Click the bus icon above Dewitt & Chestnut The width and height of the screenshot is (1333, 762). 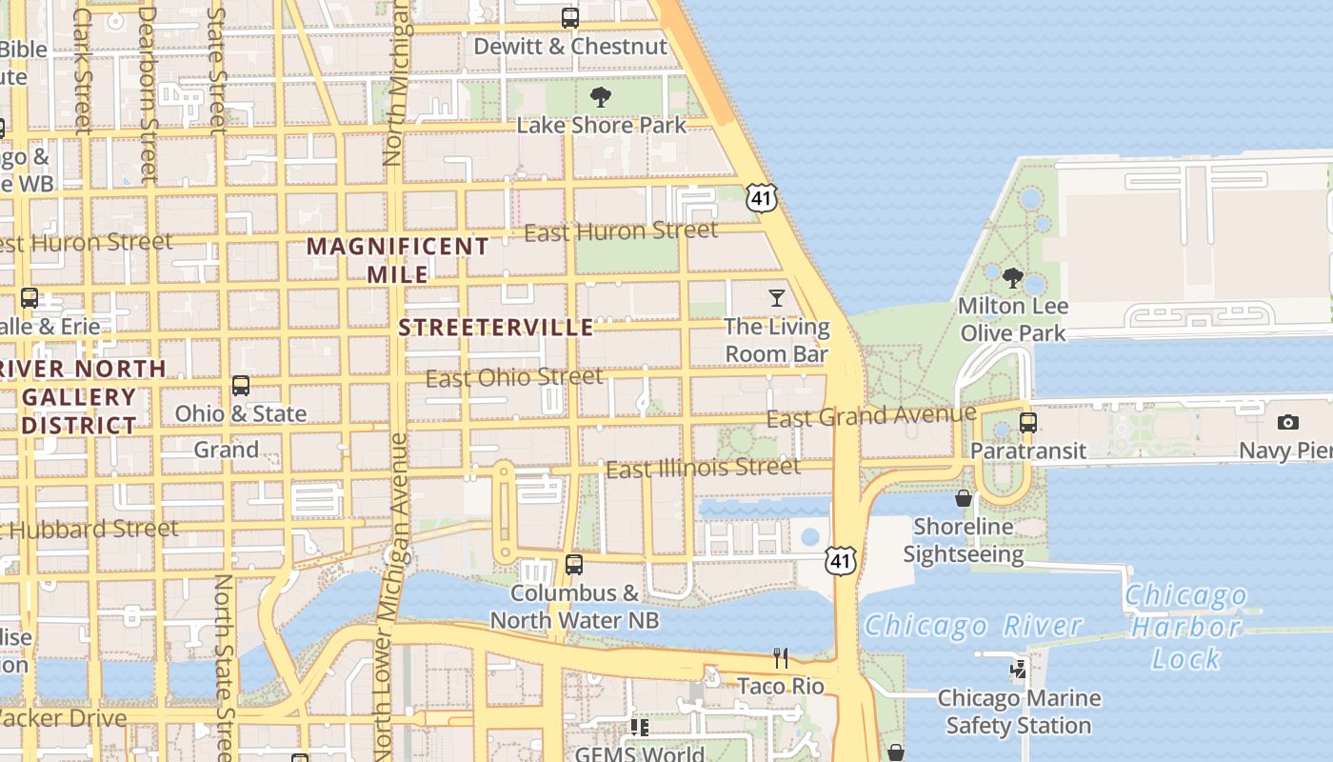click(x=570, y=18)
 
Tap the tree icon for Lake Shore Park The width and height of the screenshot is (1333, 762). click(x=601, y=96)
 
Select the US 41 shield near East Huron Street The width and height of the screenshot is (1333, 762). click(x=762, y=197)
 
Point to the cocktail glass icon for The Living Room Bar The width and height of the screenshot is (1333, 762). click(x=777, y=298)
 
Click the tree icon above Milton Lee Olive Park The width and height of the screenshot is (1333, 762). click(x=1013, y=278)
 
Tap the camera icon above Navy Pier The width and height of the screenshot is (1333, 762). click(x=1288, y=422)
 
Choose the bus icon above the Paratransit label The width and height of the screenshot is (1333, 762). click(x=1028, y=422)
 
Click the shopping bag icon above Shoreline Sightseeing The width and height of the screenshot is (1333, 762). click(x=964, y=498)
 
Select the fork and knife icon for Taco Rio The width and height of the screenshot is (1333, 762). click(x=781, y=658)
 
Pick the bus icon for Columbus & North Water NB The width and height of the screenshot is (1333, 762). click(x=573, y=565)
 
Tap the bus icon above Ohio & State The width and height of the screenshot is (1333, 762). click(x=241, y=386)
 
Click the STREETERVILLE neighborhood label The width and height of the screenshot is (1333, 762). click(x=495, y=328)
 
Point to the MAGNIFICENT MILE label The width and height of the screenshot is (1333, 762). click(x=398, y=260)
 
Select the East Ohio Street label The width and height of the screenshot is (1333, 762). click(x=513, y=377)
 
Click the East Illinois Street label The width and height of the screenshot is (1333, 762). click(x=703, y=468)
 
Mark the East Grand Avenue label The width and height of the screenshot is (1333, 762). click(x=871, y=416)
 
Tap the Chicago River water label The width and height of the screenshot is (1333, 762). click(x=973, y=626)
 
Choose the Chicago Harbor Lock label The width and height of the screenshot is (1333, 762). click(x=1186, y=627)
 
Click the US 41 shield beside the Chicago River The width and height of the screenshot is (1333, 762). click(x=841, y=561)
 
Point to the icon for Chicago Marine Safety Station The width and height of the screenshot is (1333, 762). click(x=1019, y=670)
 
